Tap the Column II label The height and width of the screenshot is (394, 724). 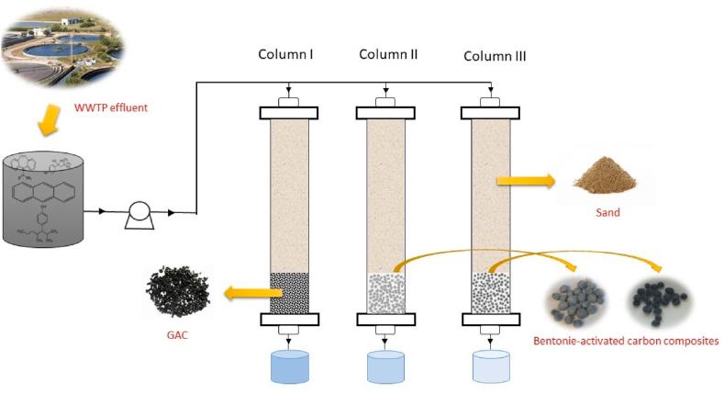pyautogui.click(x=388, y=54)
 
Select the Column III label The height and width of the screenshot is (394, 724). pyautogui.click(x=494, y=56)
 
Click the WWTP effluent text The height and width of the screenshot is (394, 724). pyautogui.click(x=110, y=108)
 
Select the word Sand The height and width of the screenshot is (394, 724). pyautogui.click(x=605, y=213)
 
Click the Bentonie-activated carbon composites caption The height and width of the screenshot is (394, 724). pyautogui.click(x=627, y=342)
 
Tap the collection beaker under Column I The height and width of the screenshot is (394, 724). pyautogui.click(x=289, y=366)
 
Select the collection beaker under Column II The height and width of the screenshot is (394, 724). pyautogui.click(x=386, y=366)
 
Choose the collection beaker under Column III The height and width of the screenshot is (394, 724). pyautogui.click(x=491, y=366)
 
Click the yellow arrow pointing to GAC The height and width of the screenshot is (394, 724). pyautogui.click(x=250, y=293)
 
